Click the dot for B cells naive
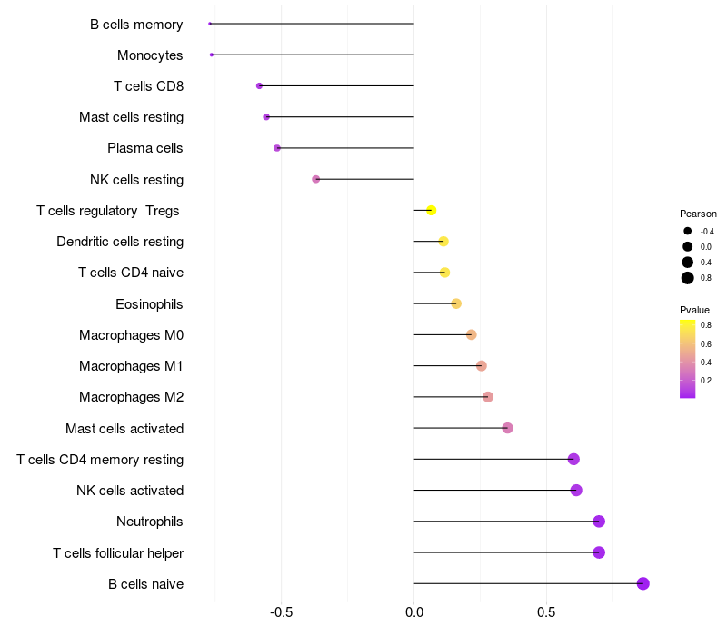click(x=643, y=583)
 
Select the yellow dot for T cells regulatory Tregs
click(x=432, y=211)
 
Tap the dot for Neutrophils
click(x=599, y=522)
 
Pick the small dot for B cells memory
click(x=210, y=24)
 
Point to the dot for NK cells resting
click(x=316, y=179)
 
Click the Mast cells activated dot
click(x=507, y=428)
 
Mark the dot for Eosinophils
click(x=456, y=303)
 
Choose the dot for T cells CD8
click(x=259, y=85)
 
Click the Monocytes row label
click(x=150, y=55)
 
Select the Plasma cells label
click(x=145, y=148)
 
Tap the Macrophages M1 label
click(x=131, y=366)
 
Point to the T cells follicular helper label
click(x=118, y=552)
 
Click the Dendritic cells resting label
click(x=120, y=242)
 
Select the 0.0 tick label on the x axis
click(x=413, y=612)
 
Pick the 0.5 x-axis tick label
click(x=546, y=612)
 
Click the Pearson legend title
click(x=698, y=214)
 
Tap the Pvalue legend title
click(x=694, y=310)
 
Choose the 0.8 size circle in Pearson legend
click(x=688, y=278)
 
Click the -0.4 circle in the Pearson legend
click(x=688, y=232)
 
